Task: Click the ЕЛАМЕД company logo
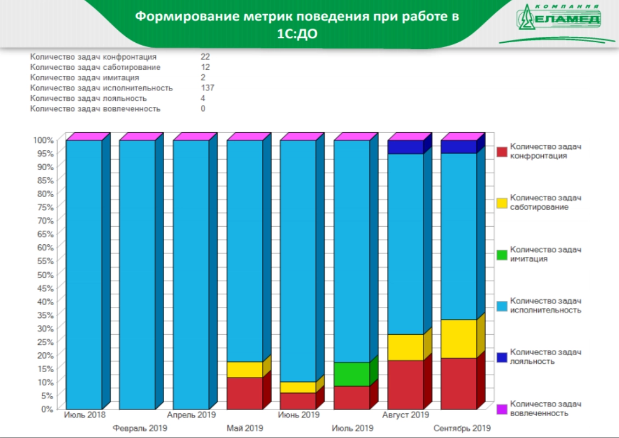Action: (x=559, y=19)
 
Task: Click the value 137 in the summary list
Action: (x=207, y=88)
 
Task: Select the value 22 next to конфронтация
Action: (x=206, y=57)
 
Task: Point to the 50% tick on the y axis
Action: (x=46, y=274)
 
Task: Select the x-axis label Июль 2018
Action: (x=85, y=414)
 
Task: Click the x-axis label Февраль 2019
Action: (x=140, y=428)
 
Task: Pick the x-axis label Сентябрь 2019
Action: (x=462, y=428)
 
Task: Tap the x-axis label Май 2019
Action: (x=245, y=428)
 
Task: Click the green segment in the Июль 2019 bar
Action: (x=352, y=374)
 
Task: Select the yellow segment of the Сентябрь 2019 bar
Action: (x=459, y=339)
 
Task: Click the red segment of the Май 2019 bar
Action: (x=245, y=393)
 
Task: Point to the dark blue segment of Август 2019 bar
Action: (x=406, y=147)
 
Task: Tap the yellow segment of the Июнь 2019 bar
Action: (x=298, y=387)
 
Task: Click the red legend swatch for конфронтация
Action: (x=502, y=151)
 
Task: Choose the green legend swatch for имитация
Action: (x=502, y=255)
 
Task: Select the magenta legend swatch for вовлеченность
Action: (x=502, y=409)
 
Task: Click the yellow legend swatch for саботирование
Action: (x=502, y=203)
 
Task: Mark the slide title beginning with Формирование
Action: (x=297, y=24)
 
